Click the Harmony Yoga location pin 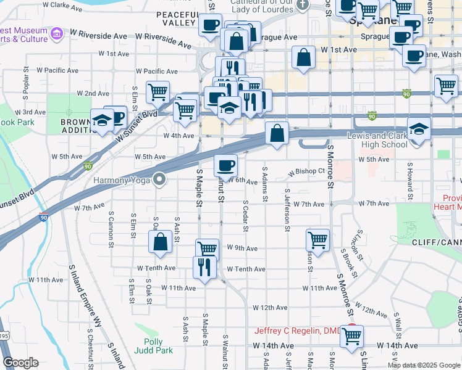pyautogui.click(x=160, y=180)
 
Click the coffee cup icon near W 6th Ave pyautogui.click(x=225, y=165)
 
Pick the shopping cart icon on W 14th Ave pyautogui.click(x=351, y=336)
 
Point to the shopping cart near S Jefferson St pyautogui.click(x=317, y=239)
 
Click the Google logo pyautogui.click(x=20, y=363)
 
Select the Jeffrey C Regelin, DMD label pyautogui.click(x=294, y=331)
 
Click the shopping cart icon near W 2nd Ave pyautogui.click(x=158, y=92)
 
